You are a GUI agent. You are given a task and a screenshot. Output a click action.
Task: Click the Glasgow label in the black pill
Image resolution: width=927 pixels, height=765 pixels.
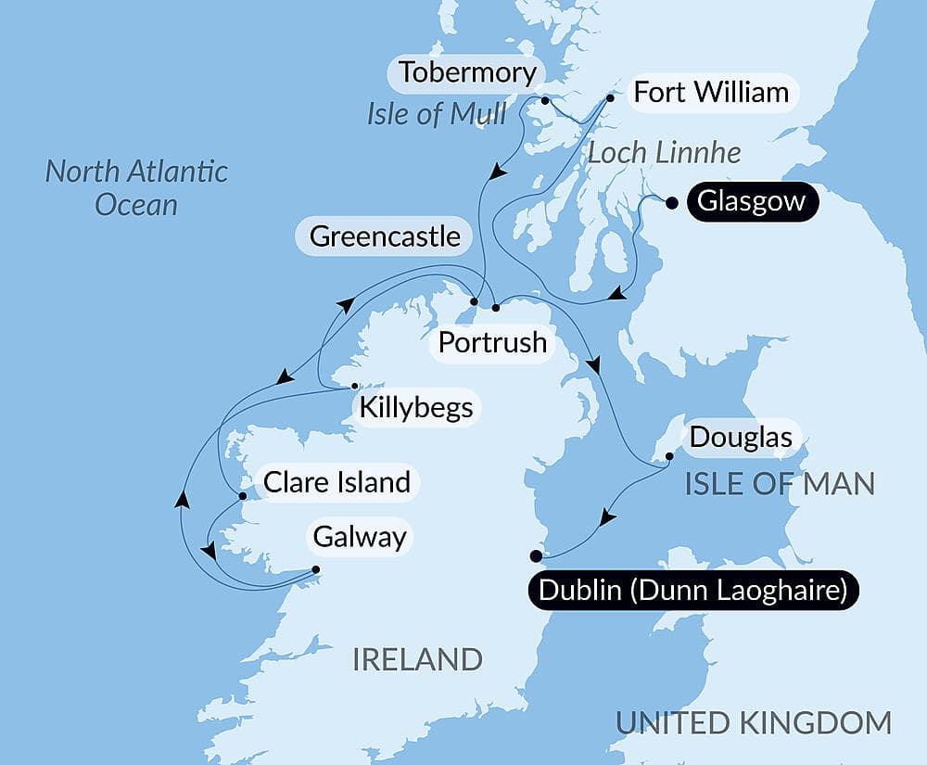click(x=752, y=201)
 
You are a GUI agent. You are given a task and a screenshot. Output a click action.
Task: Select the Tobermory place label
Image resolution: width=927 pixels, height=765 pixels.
click(x=467, y=72)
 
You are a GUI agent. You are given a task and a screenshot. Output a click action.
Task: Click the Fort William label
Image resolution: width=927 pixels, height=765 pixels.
click(x=710, y=93)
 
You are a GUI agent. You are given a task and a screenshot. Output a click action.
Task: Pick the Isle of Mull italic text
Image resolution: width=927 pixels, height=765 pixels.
click(x=437, y=114)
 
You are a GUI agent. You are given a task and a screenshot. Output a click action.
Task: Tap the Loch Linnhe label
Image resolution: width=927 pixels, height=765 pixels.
click(x=664, y=153)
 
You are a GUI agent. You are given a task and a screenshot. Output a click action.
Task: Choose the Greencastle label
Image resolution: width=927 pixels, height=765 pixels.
click(x=385, y=236)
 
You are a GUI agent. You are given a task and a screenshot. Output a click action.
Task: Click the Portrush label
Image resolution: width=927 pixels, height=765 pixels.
click(x=492, y=342)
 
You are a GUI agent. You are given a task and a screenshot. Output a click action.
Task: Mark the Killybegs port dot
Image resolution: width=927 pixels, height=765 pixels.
click(x=355, y=387)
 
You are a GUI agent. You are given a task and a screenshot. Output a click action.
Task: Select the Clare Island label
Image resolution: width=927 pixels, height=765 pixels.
click(x=337, y=482)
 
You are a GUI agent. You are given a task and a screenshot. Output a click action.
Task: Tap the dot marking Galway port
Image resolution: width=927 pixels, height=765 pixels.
click(x=315, y=569)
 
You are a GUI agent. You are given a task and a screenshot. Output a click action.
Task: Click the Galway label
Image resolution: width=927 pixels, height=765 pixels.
click(x=360, y=536)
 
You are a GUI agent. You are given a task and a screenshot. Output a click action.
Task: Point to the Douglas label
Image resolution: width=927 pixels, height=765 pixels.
click(x=741, y=437)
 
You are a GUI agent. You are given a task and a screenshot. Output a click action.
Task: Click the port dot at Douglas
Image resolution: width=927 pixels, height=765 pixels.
click(x=669, y=456)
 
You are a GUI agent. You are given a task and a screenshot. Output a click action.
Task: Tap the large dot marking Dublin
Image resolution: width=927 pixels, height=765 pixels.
click(x=536, y=556)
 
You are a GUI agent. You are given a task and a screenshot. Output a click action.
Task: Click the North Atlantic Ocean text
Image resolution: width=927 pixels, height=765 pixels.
click(x=136, y=187)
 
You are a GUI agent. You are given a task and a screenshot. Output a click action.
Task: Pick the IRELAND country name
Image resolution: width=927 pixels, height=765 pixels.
click(x=417, y=660)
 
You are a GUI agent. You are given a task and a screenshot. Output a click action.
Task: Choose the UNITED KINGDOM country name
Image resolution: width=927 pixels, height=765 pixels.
click(x=754, y=722)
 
